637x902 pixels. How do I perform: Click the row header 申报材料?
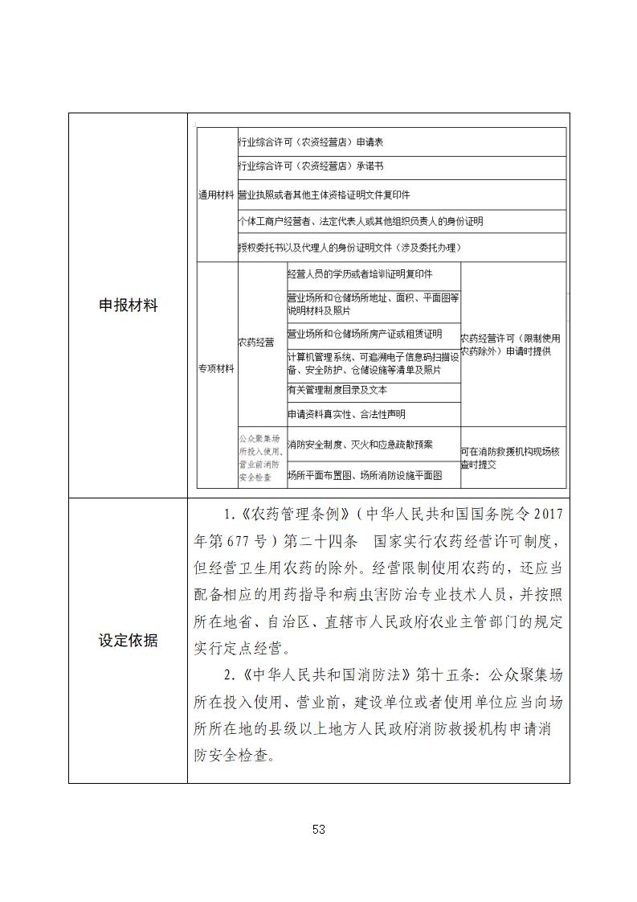pos(128,305)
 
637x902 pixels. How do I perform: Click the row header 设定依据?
pos(128,640)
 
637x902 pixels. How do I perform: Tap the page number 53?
pos(318,830)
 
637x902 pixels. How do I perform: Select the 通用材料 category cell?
pos(216,195)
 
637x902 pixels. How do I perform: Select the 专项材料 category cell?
pos(216,368)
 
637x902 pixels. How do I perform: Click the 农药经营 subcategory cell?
pos(255,342)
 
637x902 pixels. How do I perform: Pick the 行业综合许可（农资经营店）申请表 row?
pos(311,142)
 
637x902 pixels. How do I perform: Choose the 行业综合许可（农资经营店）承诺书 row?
pos(311,167)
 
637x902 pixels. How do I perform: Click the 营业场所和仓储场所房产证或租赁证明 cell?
pos(365,334)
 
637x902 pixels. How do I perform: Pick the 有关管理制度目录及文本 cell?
pos(337,390)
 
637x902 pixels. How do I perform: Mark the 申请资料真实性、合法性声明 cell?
pos(346,415)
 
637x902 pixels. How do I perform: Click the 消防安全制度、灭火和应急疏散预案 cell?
pos(360,445)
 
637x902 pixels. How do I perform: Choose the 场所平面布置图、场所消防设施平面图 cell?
pos(365,475)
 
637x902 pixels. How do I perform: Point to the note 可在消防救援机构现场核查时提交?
pos(510,458)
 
